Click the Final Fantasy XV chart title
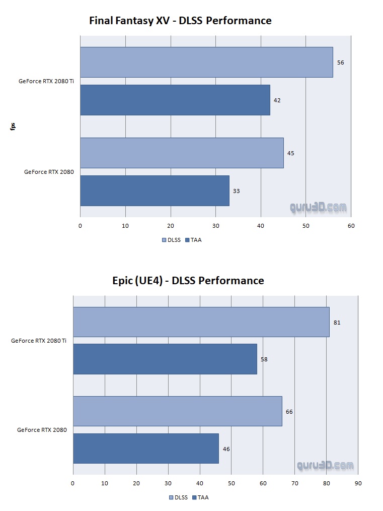(x=180, y=21)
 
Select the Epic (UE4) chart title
(x=188, y=280)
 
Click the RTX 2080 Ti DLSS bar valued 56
(x=206, y=62)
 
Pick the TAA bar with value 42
(x=175, y=100)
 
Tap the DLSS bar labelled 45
(x=182, y=153)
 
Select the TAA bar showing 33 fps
(x=155, y=190)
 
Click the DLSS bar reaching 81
(x=201, y=322)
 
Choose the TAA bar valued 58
(x=165, y=359)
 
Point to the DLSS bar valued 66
(x=177, y=411)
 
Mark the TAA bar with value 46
(x=146, y=449)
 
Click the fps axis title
(x=13, y=126)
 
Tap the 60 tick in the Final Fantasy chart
(x=351, y=226)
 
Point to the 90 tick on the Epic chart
(x=358, y=483)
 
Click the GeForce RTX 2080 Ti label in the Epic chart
(x=39, y=341)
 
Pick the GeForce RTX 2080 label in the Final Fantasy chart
(x=49, y=172)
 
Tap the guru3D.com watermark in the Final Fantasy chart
(x=318, y=207)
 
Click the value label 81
(x=337, y=322)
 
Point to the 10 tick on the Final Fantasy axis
(x=125, y=226)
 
